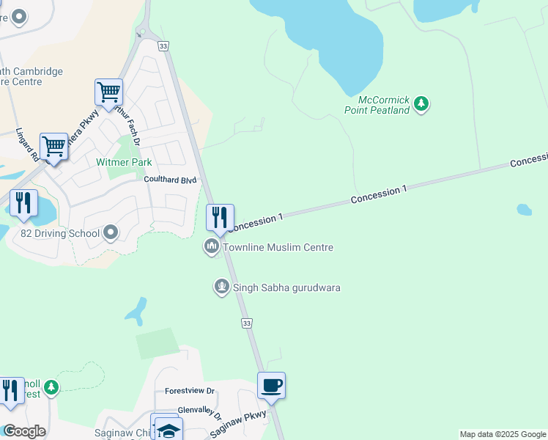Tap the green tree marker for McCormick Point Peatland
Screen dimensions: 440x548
tap(421, 103)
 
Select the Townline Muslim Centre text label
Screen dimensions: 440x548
tap(278, 248)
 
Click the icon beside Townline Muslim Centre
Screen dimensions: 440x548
tap(212, 247)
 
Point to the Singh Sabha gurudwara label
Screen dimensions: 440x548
tap(286, 287)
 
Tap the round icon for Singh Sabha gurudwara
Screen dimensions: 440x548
tap(222, 287)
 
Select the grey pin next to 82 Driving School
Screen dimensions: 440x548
tap(111, 233)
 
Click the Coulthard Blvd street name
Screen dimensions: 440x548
tap(171, 180)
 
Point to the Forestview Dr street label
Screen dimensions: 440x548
tap(189, 391)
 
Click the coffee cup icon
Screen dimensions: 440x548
tap(271, 386)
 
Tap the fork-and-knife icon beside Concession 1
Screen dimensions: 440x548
tap(220, 217)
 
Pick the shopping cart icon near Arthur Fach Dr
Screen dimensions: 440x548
tap(108, 93)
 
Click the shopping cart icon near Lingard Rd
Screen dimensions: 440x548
tap(54, 147)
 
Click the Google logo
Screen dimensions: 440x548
tap(24, 431)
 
